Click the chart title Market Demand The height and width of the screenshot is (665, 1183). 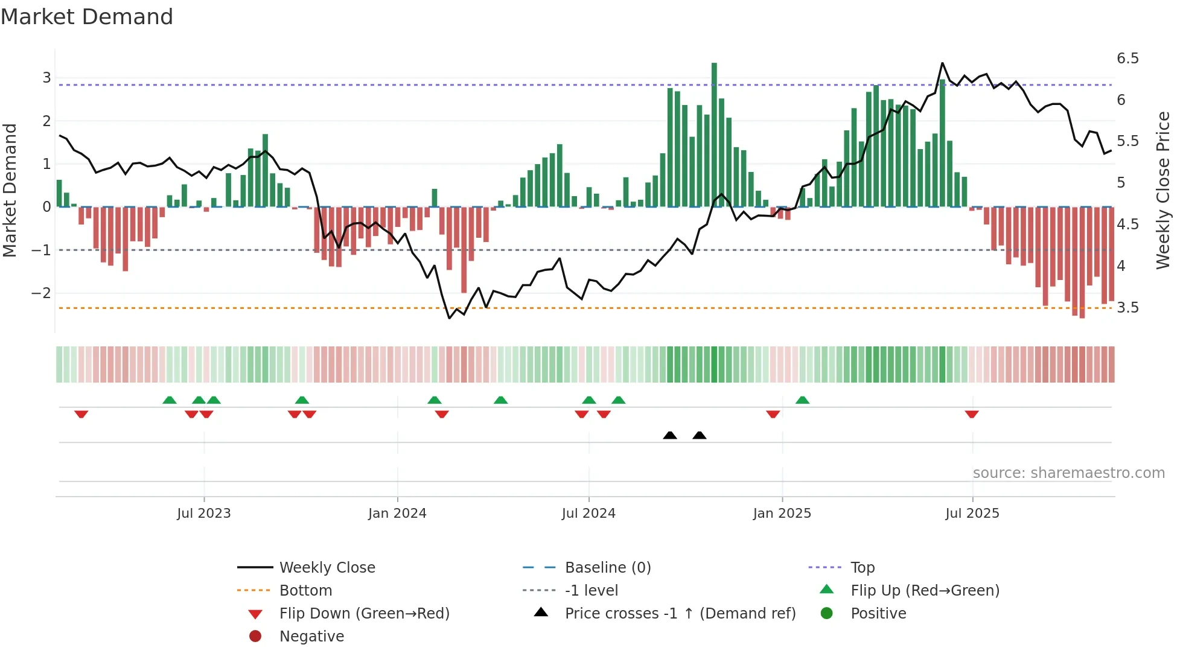(x=87, y=17)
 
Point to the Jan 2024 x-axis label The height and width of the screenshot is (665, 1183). (x=397, y=514)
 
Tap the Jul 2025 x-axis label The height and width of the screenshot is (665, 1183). (x=972, y=514)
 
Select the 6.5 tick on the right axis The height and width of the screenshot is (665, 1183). (x=1127, y=59)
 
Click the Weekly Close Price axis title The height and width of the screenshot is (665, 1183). (x=1163, y=190)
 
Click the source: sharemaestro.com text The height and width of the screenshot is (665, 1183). (x=1068, y=473)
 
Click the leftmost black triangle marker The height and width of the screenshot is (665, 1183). (x=670, y=435)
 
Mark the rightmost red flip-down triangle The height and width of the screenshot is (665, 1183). (x=972, y=414)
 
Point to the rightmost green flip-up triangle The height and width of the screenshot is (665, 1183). (x=802, y=400)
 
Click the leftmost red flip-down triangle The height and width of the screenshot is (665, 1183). (x=81, y=414)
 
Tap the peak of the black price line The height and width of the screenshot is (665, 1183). (x=942, y=63)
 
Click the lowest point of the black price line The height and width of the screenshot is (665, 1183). (x=449, y=318)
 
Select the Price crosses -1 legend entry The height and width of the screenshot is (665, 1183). (x=680, y=614)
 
